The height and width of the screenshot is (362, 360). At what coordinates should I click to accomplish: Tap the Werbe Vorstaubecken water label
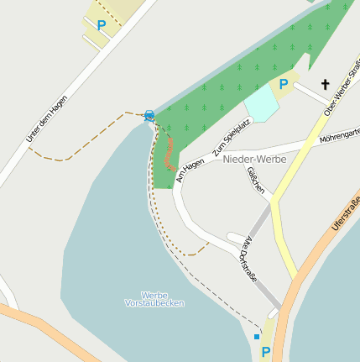click(154, 299)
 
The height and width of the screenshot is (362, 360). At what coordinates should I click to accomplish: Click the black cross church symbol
click(325, 84)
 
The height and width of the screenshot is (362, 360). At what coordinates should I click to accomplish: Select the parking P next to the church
click(284, 84)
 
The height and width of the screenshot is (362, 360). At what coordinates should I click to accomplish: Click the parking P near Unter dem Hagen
click(102, 25)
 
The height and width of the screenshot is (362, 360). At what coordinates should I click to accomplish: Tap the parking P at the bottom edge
click(266, 352)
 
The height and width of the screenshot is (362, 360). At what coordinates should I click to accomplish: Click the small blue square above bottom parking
click(257, 336)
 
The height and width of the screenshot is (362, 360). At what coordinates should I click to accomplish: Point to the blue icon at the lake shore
click(149, 115)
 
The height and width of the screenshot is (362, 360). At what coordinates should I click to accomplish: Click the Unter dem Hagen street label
click(47, 118)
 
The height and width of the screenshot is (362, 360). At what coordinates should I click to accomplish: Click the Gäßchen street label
click(256, 180)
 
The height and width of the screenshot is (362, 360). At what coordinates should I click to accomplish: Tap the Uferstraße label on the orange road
click(345, 215)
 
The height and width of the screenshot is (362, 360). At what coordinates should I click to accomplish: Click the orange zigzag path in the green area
click(170, 153)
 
